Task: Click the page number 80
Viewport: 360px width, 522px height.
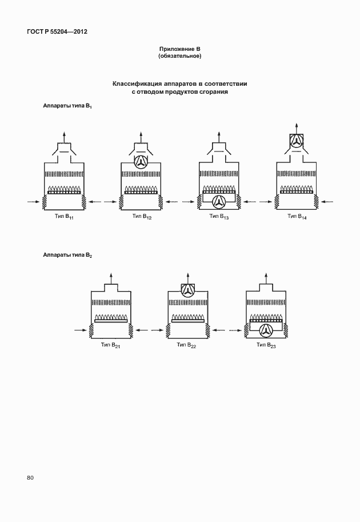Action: click(x=30, y=478)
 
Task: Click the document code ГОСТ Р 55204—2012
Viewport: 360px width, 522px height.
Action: click(x=57, y=31)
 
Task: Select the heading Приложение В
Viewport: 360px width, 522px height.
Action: click(x=179, y=49)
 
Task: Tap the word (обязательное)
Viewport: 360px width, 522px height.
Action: click(x=179, y=56)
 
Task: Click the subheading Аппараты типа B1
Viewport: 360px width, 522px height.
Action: click(x=67, y=106)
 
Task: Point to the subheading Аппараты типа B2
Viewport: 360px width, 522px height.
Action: click(x=67, y=255)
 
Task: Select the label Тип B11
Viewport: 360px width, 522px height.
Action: click(x=64, y=217)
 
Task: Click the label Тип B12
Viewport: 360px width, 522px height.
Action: click(x=142, y=217)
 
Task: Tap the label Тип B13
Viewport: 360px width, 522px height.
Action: click(x=219, y=217)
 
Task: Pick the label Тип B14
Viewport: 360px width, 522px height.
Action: click(x=297, y=217)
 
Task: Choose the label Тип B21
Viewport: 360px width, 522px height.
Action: click(x=110, y=345)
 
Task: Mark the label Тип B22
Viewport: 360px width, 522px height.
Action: click(x=186, y=345)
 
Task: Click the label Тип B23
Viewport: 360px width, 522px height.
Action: click(x=266, y=345)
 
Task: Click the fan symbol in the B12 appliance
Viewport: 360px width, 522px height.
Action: click(x=141, y=162)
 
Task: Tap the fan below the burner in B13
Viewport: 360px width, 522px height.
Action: click(x=219, y=202)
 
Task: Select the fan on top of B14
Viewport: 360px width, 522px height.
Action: click(x=296, y=142)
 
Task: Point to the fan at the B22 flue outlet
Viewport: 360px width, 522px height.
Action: click(x=188, y=290)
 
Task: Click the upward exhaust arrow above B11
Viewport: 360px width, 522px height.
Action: click(x=64, y=137)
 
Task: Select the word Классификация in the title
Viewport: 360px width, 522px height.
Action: click(x=135, y=84)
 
